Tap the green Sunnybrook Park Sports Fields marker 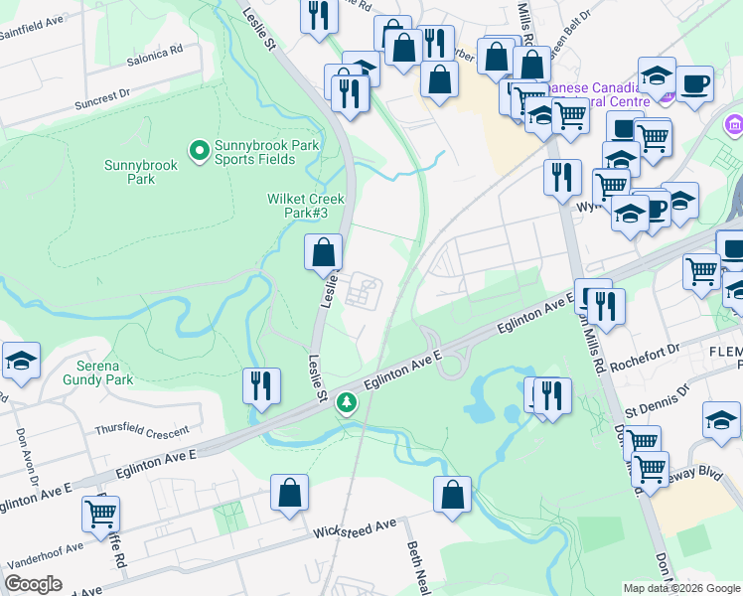point(199,152)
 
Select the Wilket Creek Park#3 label point(297,206)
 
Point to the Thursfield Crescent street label point(142,431)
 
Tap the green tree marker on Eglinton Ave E point(347,403)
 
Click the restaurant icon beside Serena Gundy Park point(260,384)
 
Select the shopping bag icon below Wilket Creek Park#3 point(324,252)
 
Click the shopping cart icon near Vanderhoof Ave point(101,514)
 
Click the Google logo point(35,584)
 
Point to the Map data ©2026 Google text point(680,588)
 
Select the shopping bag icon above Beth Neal point(452,494)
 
